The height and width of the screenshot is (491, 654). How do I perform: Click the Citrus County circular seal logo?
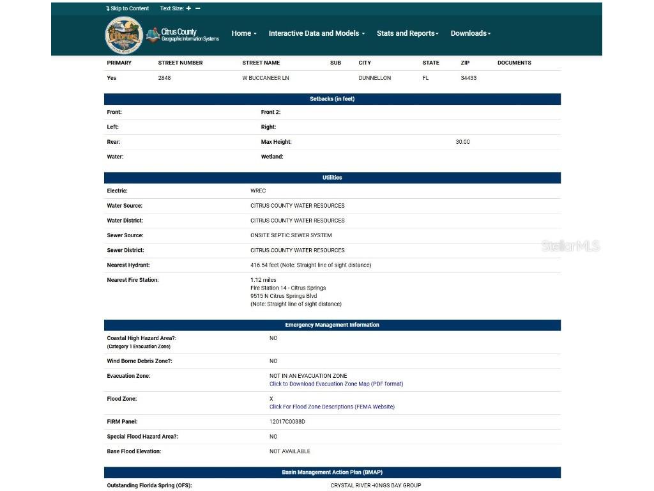click(123, 35)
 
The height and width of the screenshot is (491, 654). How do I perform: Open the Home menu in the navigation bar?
click(243, 33)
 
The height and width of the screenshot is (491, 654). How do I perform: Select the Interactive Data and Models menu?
click(316, 33)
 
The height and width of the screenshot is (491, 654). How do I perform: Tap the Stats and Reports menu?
click(407, 33)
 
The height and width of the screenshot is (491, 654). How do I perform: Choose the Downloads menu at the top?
click(470, 33)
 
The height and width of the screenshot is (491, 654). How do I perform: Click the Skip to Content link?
click(128, 8)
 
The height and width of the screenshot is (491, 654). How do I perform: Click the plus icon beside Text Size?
click(188, 8)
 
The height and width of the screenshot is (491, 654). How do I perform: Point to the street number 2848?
click(164, 78)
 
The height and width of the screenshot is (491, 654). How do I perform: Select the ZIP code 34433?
click(468, 78)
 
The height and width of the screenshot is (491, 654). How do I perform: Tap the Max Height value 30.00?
click(462, 142)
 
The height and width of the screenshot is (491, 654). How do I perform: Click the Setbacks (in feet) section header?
click(332, 99)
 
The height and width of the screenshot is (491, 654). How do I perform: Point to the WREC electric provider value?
click(258, 191)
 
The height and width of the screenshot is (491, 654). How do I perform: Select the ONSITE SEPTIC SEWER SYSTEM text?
click(291, 235)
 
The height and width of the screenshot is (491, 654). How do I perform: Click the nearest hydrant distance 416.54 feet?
click(310, 265)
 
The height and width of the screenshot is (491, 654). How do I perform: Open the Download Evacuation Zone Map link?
click(336, 384)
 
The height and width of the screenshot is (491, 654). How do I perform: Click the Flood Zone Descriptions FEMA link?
click(331, 407)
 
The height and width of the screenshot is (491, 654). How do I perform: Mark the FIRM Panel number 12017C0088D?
click(287, 422)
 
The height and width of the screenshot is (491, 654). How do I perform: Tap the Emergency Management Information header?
click(332, 325)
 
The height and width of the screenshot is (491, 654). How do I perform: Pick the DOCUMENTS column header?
click(514, 63)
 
